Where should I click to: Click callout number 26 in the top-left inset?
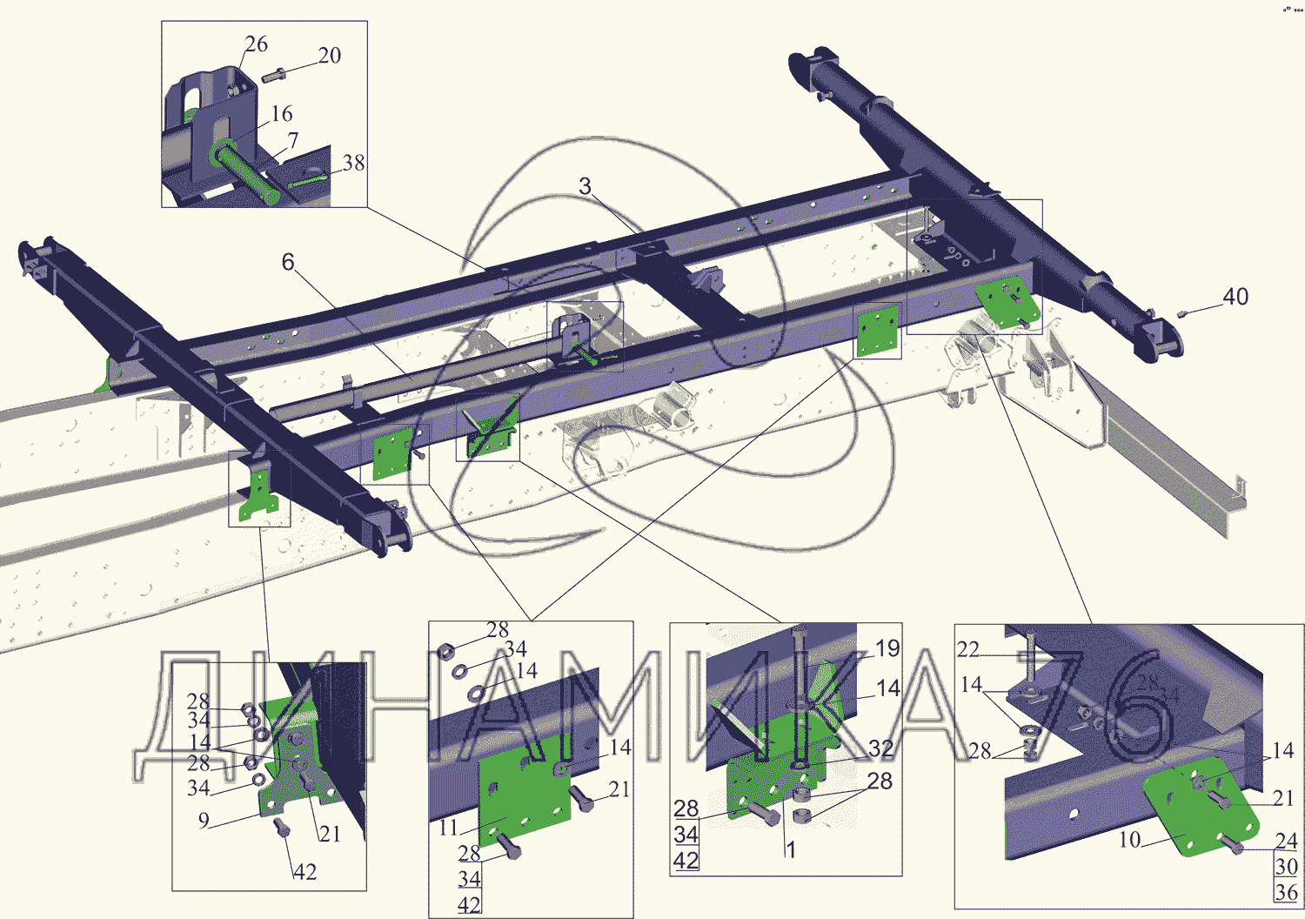click(x=256, y=44)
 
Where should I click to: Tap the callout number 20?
click(x=329, y=56)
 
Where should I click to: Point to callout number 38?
click(x=353, y=164)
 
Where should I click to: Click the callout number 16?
click(x=281, y=114)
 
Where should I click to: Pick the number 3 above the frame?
click(x=585, y=187)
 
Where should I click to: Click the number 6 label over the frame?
click(x=288, y=262)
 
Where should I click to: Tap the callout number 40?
click(x=1235, y=297)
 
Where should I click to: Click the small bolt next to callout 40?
click(x=1184, y=313)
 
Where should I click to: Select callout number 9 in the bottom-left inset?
click(x=204, y=820)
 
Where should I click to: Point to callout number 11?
click(x=448, y=827)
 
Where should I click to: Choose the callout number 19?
click(x=887, y=648)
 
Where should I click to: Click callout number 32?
click(x=880, y=748)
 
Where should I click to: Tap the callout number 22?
click(x=968, y=650)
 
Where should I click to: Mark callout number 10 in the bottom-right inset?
click(x=1129, y=840)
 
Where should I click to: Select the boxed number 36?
click(x=1286, y=892)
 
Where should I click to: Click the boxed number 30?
click(x=1286, y=867)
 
